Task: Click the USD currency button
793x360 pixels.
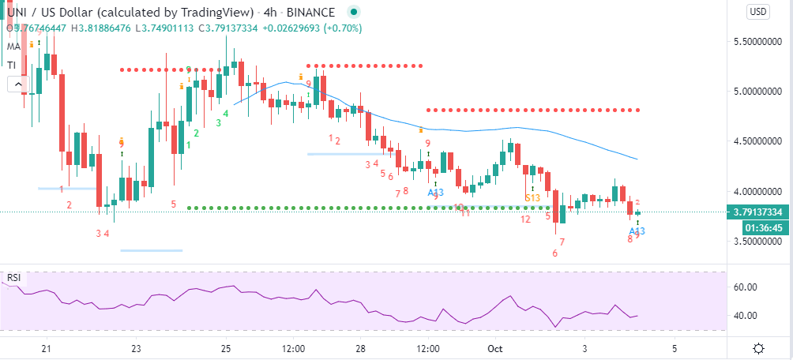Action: [x=758, y=12]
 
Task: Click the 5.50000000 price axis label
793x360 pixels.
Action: [x=757, y=41]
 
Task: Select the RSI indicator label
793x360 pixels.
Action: [x=13, y=278]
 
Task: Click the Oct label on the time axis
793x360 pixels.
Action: [x=495, y=348]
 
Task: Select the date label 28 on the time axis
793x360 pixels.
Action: [x=360, y=348]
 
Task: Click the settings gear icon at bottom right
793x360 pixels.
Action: [x=758, y=348]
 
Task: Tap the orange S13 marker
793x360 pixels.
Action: [x=532, y=197]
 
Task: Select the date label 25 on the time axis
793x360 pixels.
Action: [x=225, y=348]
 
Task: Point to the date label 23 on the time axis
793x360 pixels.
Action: [x=136, y=348]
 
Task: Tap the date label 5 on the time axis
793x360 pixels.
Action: [x=674, y=348]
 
